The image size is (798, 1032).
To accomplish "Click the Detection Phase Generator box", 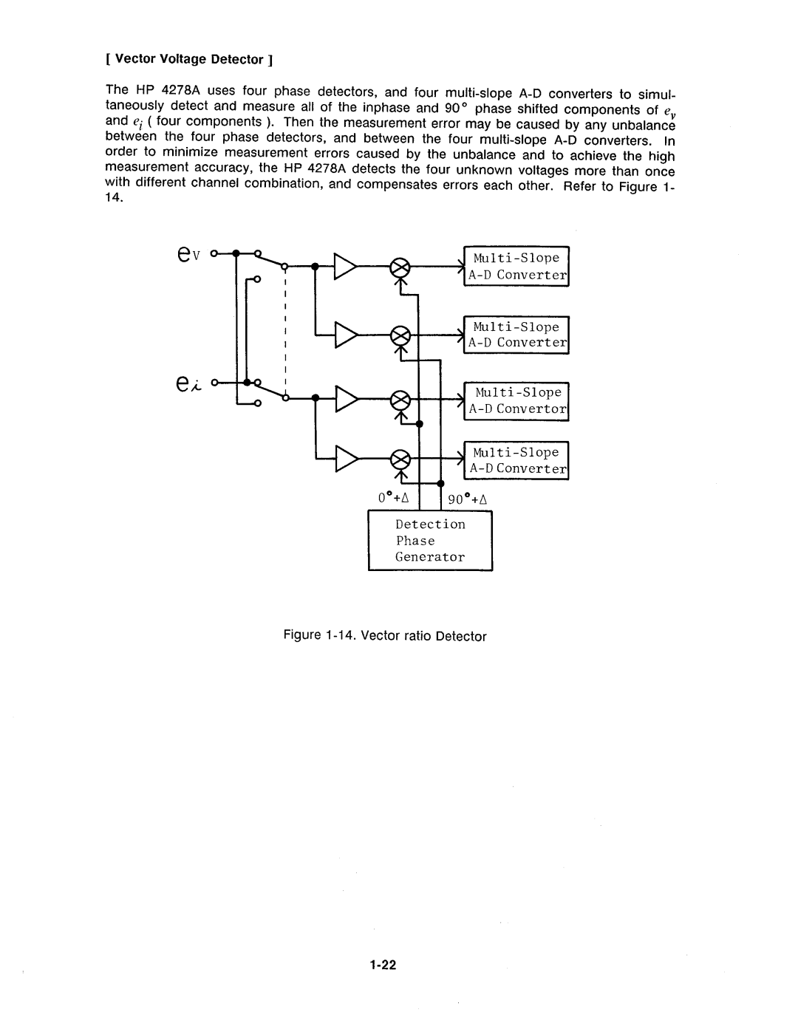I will [430, 541].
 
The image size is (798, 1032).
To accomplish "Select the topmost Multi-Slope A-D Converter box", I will [516, 267].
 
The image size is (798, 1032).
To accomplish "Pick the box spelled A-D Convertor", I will [516, 401].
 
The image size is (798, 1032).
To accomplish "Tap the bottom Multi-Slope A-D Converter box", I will [516, 460].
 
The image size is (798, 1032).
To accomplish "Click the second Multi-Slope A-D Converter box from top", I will [516, 335].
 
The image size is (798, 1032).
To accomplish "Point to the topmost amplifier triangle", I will [345, 267].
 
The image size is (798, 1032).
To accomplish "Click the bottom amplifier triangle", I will [345, 459].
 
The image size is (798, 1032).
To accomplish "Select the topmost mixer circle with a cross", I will [400, 267].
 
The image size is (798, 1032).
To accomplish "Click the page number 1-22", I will [384, 964].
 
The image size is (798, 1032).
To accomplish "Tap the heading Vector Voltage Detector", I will [190, 59].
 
